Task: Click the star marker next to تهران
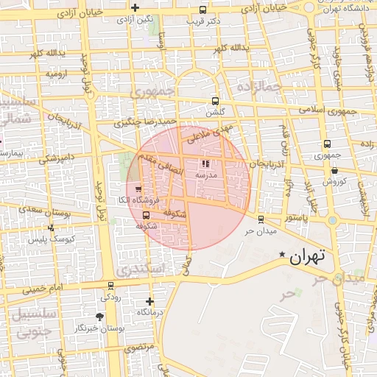pyautogui.click(x=282, y=255)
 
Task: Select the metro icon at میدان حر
pyautogui.click(x=261, y=219)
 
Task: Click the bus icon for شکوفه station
pyautogui.click(x=145, y=216)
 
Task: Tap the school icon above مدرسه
pyautogui.click(x=205, y=165)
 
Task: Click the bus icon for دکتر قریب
pyautogui.click(x=203, y=10)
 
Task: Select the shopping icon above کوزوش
pyautogui.click(x=334, y=169)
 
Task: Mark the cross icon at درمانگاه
pyautogui.click(x=150, y=301)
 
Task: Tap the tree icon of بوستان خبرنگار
pyautogui.click(x=99, y=317)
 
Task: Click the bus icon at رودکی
pyautogui.click(x=111, y=286)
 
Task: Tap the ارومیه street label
pyautogui.click(x=57, y=74)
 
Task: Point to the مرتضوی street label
pyautogui.click(x=138, y=346)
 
